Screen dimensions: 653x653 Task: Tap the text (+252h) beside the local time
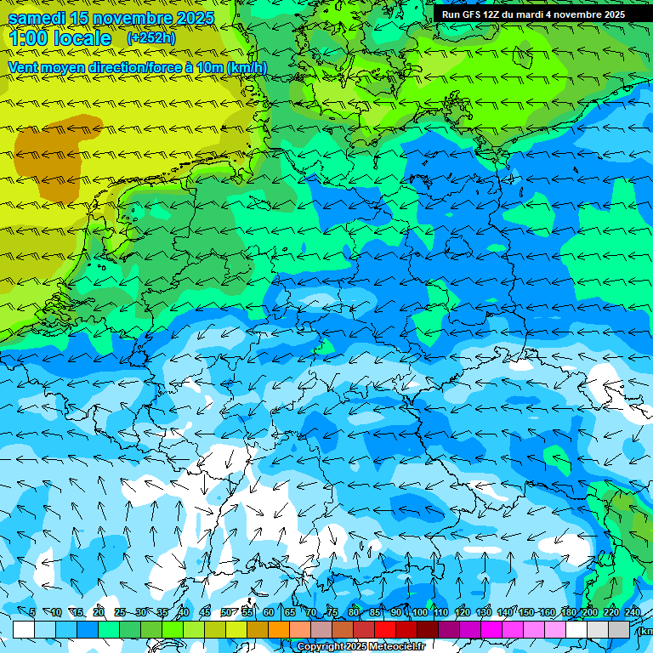point(150,37)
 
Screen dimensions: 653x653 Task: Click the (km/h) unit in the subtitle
point(246,68)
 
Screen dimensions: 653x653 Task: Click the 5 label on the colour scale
point(32,612)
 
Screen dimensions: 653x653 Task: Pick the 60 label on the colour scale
point(269,612)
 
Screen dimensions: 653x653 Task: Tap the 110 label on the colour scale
point(440,612)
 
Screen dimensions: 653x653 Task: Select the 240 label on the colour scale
point(633,612)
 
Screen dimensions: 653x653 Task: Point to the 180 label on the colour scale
point(569,612)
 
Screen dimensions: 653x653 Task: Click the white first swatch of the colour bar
point(24,629)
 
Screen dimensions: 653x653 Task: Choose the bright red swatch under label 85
point(385,629)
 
